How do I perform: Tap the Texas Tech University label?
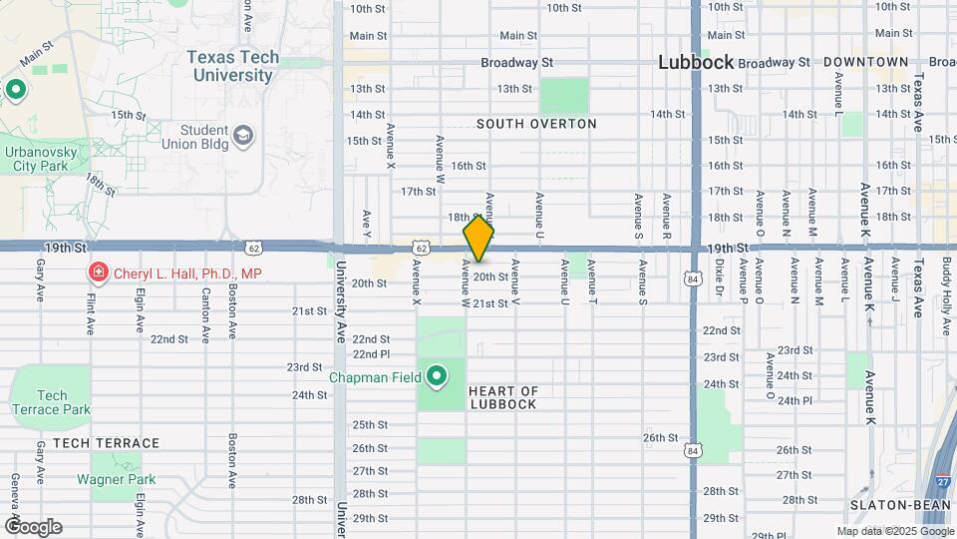(x=232, y=66)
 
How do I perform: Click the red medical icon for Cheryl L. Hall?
(x=98, y=272)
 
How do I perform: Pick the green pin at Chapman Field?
(x=437, y=377)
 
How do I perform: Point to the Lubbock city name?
(x=696, y=62)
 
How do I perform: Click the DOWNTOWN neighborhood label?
(x=865, y=62)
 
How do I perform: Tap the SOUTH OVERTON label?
(x=536, y=125)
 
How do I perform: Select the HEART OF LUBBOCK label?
(x=502, y=397)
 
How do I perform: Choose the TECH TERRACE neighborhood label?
(x=107, y=443)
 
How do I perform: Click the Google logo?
(x=33, y=527)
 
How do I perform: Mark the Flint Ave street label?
(x=90, y=310)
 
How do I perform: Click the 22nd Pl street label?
(x=371, y=353)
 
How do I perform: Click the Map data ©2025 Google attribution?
(x=893, y=531)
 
